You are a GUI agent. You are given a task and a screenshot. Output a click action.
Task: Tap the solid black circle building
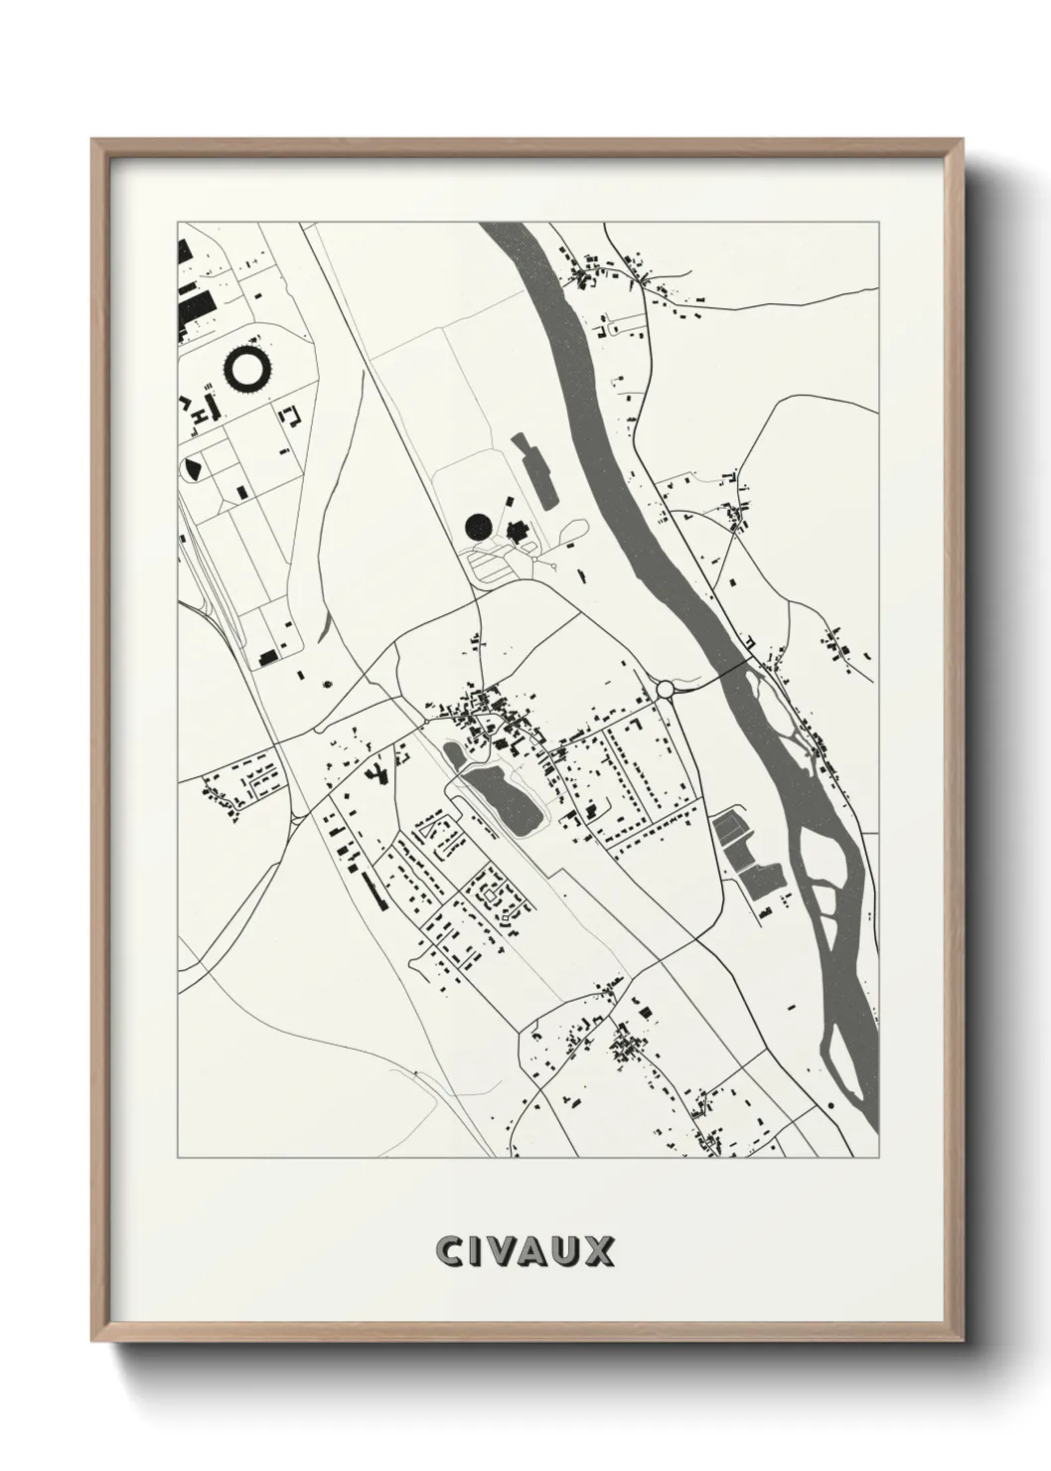(479, 526)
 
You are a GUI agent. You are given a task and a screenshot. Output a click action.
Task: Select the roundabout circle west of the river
(665, 688)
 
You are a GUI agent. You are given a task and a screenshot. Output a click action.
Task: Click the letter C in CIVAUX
(447, 1252)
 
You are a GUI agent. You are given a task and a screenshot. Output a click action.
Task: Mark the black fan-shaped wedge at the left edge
(192, 467)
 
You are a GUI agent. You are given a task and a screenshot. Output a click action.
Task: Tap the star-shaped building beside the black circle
(518, 532)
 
